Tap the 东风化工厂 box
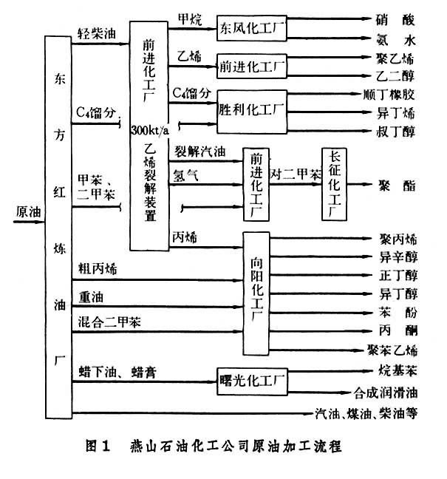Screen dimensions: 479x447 (x=251, y=29)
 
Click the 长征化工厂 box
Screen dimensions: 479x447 (x=334, y=182)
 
